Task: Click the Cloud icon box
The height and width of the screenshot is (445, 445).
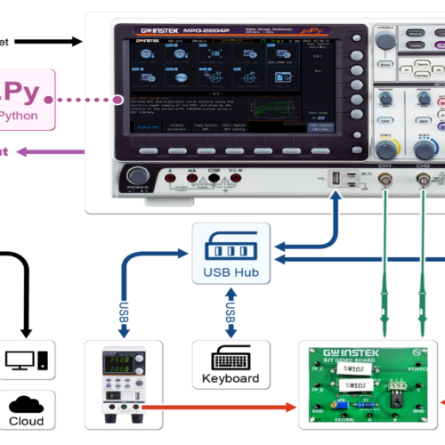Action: pos(26,411)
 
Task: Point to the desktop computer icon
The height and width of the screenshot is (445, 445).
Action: pos(26,360)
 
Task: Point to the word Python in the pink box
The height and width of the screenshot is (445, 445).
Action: pos(19,116)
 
